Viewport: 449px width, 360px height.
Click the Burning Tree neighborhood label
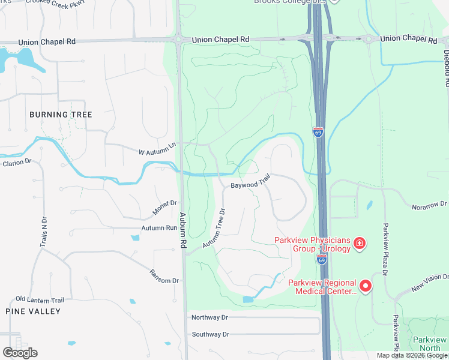tap(61, 114)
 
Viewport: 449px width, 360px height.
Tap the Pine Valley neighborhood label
tap(33, 311)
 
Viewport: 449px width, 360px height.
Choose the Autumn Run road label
tap(159, 228)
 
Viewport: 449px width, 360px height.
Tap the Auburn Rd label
tap(182, 230)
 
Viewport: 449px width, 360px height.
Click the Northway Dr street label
tap(209, 317)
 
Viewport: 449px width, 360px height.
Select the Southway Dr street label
tap(210, 334)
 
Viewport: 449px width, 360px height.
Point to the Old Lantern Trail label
tap(40, 299)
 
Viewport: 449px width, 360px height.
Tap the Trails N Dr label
tap(43, 229)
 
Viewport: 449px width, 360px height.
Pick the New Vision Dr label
tap(430, 282)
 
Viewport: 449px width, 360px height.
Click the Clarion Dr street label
tap(17, 163)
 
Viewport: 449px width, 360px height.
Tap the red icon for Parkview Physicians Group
tap(359, 243)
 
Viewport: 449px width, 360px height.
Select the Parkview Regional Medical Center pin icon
tap(366, 286)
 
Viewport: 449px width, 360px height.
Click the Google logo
tap(20, 353)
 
